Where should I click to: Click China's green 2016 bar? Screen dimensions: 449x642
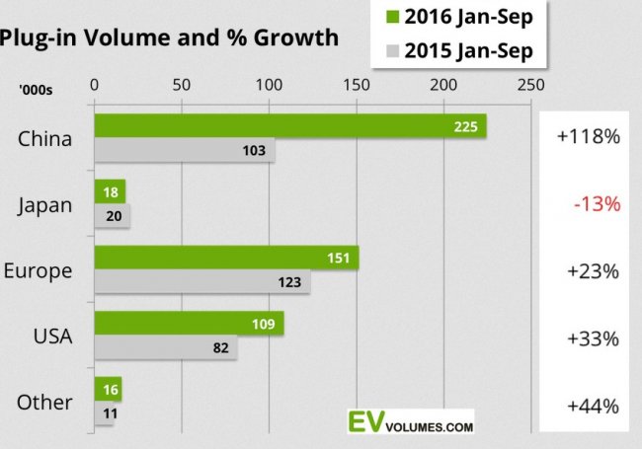pos(289,125)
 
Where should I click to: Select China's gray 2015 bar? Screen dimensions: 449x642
pos(184,151)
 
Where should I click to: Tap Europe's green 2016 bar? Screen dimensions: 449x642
pos(225,258)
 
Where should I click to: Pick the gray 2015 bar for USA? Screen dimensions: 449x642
pos(165,348)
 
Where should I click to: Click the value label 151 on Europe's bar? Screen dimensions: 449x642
pos(341,258)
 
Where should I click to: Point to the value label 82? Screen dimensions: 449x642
pos(221,348)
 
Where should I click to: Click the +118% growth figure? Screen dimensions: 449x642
pos(589,137)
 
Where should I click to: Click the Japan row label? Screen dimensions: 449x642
pos(45,205)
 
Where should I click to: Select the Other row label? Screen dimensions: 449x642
pos(44,403)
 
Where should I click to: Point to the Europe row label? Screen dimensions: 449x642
pos(39,271)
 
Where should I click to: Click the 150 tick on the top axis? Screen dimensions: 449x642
pos(357,85)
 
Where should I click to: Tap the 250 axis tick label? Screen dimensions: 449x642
pos(531,85)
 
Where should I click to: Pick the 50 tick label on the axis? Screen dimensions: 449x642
pos(181,85)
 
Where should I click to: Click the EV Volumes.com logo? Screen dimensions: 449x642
pos(410,421)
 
